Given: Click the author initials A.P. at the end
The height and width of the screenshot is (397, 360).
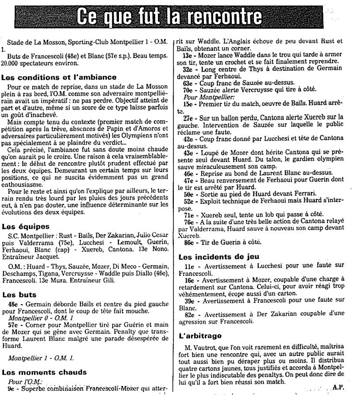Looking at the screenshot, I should (x=339, y=386).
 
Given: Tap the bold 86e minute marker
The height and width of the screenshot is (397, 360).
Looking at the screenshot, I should (x=188, y=243).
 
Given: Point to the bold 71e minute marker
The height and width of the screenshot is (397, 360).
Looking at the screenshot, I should (x=188, y=214).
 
